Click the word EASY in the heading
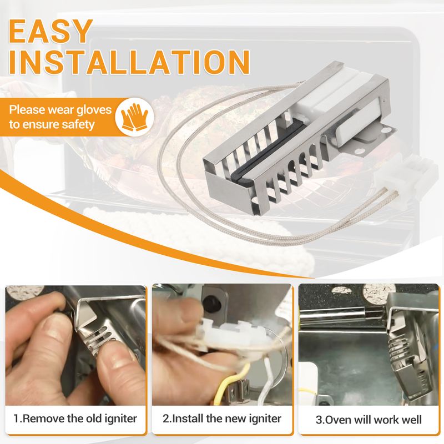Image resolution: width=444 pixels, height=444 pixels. [51, 31]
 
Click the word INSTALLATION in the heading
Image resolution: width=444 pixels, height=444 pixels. [129, 62]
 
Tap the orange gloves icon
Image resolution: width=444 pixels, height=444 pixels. [135, 117]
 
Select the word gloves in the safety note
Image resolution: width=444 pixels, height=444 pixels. [94, 110]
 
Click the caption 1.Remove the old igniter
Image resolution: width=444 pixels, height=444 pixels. [75, 418]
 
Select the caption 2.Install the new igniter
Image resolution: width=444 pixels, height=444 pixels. [222, 418]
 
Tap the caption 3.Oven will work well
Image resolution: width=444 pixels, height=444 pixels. [369, 420]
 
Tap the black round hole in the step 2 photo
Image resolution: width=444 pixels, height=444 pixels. [213, 303]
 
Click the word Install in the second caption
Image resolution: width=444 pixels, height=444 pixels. [188, 418]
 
